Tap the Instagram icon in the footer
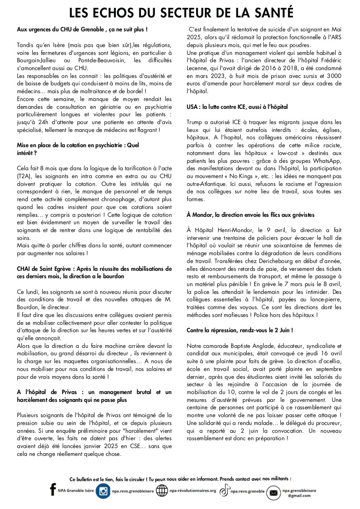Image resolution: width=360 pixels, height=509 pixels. pos(103,491)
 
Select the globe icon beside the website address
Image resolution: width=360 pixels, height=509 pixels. pos(162,491)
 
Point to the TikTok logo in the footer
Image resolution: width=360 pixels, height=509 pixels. pos(224,491)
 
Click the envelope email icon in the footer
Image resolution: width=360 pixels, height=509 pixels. pos(273,492)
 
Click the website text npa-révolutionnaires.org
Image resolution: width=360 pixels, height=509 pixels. pos(193,491)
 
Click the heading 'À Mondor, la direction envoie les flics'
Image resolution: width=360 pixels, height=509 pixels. pos(250,215)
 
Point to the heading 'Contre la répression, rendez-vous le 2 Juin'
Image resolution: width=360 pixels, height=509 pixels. pos(239,330)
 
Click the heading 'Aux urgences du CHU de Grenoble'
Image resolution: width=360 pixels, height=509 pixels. pos(82,29)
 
